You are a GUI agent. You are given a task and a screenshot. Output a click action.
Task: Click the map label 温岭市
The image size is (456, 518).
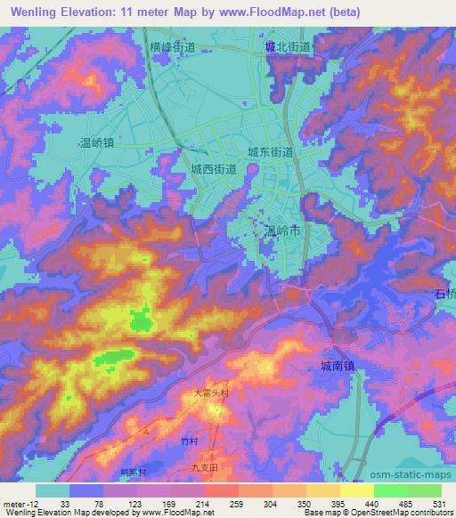coord(284,231)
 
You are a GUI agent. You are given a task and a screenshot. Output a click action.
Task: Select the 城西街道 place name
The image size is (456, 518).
coord(213,168)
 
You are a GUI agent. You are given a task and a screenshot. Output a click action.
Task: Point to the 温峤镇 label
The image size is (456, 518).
coord(96,142)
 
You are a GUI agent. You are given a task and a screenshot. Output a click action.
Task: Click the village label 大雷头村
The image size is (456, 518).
coord(212,392)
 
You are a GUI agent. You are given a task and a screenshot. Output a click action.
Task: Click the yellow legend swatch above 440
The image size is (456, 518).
coord(356,490)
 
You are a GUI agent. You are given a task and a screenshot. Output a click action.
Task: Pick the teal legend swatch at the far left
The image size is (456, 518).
coord(53,490)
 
